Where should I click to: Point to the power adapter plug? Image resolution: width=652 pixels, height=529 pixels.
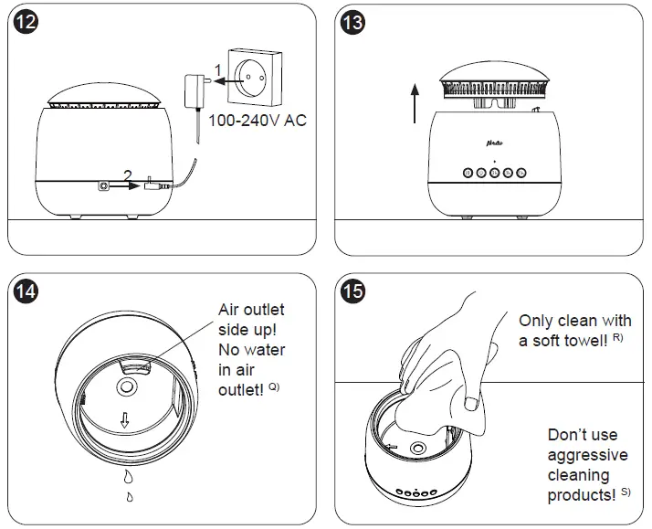tap(195, 90)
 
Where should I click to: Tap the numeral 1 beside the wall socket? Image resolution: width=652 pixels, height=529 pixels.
tap(216, 69)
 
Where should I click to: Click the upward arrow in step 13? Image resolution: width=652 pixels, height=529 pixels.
tap(414, 103)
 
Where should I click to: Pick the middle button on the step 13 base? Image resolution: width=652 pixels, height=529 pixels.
tap(493, 172)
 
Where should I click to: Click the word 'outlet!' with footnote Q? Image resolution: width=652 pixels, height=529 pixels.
tap(241, 389)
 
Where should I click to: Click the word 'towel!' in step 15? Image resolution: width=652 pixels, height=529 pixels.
tap(578, 341)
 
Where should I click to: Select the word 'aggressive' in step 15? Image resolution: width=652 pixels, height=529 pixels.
tap(588, 455)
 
